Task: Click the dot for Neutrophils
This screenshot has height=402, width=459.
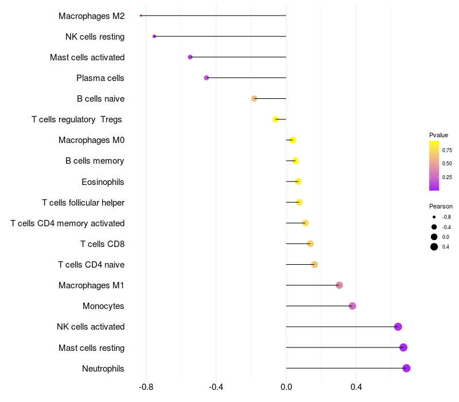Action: point(406,368)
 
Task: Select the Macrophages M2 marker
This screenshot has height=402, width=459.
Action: point(141,16)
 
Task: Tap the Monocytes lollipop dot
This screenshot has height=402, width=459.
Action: point(352,306)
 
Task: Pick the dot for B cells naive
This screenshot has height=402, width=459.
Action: point(254,98)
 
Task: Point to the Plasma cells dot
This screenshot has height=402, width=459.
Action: point(207,78)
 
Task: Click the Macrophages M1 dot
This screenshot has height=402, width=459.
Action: point(339,285)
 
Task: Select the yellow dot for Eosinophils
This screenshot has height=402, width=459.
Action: point(298,181)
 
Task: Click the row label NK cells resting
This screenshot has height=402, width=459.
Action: point(95,37)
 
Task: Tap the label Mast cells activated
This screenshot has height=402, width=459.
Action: point(87,57)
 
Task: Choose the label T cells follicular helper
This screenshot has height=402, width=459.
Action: point(83,203)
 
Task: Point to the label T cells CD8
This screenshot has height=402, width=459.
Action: point(102,244)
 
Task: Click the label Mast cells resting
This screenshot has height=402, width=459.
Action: point(91,348)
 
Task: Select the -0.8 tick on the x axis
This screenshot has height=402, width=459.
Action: point(146,387)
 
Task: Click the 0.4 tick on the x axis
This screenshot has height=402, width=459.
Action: point(356,387)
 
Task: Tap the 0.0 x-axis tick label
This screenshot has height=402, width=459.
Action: point(286,387)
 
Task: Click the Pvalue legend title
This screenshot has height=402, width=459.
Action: point(438,135)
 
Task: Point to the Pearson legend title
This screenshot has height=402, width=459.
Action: point(441,206)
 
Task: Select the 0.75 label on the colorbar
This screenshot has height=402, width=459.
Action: point(447,150)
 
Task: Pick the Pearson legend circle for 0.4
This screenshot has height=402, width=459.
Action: point(434,247)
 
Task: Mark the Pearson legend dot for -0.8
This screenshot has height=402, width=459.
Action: point(434,217)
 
